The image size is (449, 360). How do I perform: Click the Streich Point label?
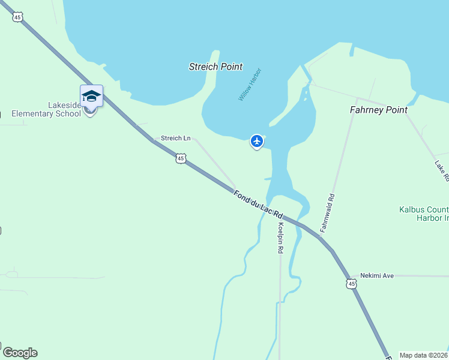click(x=215, y=67)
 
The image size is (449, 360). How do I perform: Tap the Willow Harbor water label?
click(x=250, y=84)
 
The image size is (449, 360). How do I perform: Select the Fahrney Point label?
click(x=378, y=110)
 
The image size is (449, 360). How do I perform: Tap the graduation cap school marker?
click(x=91, y=97)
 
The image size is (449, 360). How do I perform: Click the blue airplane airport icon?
click(x=257, y=141)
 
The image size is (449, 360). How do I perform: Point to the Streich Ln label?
click(x=175, y=138)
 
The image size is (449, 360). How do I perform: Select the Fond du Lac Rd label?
click(x=258, y=204)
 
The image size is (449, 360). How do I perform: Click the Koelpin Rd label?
click(x=280, y=238)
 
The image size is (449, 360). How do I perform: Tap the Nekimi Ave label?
click(x=376, y=275)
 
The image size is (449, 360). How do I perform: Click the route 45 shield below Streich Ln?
click(x=181, y=158)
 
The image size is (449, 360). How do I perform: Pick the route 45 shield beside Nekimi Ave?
click(x=351, y=283)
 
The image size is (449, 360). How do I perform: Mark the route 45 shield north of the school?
click(x=18, y=17)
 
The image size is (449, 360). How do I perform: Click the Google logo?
click(x=20, y=353)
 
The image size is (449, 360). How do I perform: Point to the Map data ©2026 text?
click(x=424, y=355)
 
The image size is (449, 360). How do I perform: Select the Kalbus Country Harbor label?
click(x=424, y=214)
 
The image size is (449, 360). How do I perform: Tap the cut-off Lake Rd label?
click(x=442, y=171)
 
